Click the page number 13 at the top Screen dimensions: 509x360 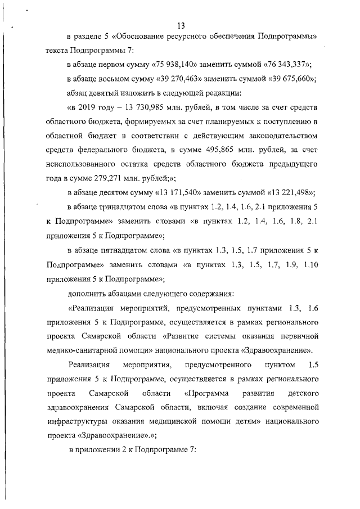[x=181, y=25]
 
